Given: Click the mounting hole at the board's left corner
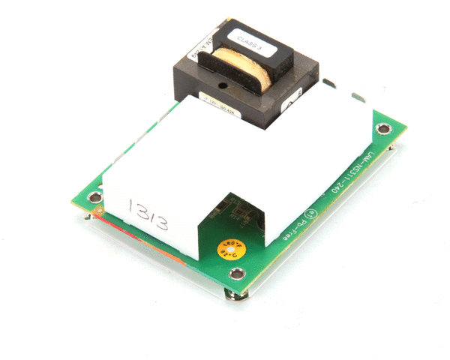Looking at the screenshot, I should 93,199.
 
